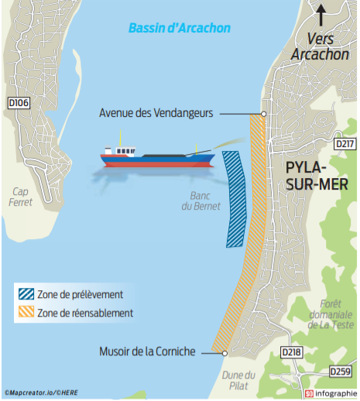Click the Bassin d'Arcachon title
point(180,28)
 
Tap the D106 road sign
point(19,103)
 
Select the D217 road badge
point(345,144)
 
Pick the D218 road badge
point(291,352)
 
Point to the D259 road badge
point(341,372)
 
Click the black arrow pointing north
point(321,15)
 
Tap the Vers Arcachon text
point(321,46)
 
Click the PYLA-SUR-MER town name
point(317,176)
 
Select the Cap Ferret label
point(20,197)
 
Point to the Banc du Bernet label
point(201,201)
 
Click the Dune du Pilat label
point(238,381)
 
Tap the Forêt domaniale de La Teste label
point(331,314)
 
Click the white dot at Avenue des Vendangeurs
point(263,114)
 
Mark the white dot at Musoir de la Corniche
point(225,353)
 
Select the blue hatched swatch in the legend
point(26,294)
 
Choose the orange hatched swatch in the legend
point(26,311)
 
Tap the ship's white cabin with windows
point(125,151)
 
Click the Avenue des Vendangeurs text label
point(156,113)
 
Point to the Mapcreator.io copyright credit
point(41,392)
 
